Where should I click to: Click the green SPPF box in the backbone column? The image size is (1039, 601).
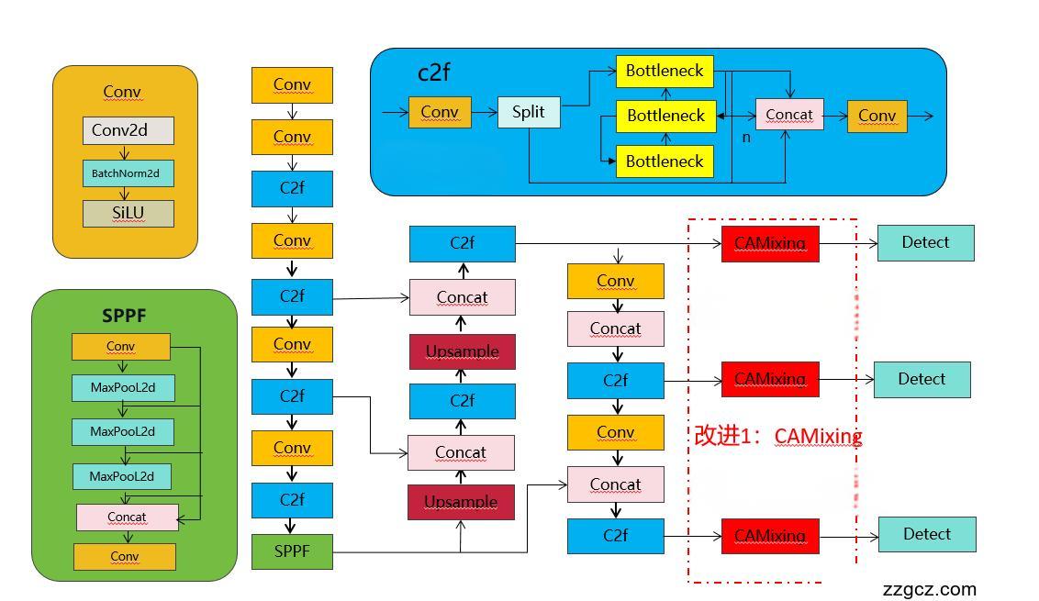click(292, 551)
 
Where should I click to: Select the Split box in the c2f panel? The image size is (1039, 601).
click(529, 113)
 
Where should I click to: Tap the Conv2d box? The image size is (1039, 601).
click(128, 130)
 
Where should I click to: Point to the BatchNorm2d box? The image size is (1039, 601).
click(128, 173)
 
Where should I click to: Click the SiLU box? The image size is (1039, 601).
click(128, 213)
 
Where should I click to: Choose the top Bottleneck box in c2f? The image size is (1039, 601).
click(665, 71)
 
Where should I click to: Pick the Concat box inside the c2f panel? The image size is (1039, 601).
click(789, 115)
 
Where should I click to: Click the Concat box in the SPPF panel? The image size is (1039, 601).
click(127, 518)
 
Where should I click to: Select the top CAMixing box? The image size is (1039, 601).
click(769, 243)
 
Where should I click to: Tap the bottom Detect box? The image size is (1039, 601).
click(926, 534)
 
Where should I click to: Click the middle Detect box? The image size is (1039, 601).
click(922, 379)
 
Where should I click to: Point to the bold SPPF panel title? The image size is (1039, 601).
click(124, 316)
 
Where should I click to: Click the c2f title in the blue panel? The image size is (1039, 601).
click(433, 72)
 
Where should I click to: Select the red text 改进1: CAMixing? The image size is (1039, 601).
click(777, 436)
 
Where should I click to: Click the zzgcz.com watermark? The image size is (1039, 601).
click(929, 589)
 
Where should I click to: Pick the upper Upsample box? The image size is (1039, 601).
click(462, 351)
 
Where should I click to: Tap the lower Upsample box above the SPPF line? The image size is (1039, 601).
click(461, 502)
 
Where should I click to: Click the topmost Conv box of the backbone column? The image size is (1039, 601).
click(292, 84)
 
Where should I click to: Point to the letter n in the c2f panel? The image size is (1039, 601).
click(746, 137)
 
